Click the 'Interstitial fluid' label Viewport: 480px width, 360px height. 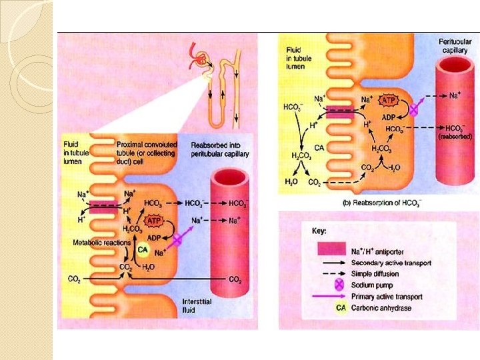point(198,306)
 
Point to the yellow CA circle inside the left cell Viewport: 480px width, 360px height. point(142,250)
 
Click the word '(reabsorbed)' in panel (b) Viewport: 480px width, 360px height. point(455,136)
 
